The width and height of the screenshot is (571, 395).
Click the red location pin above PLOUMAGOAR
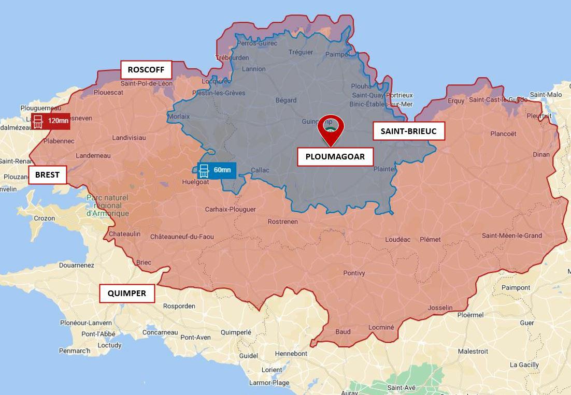(x=332, y=128)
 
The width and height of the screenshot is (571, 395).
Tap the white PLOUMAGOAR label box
(x=335, y=156)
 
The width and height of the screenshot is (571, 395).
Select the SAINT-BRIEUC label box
(x=408, y=131)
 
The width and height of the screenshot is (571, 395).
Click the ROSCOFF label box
(x=146, y=69)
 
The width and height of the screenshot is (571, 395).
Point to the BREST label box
(x=47, y=175)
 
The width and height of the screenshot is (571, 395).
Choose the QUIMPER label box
(x=126, y=294)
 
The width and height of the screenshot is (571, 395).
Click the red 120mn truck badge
(x=50, y=121)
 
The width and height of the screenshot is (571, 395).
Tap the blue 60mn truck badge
(x=217, y=170)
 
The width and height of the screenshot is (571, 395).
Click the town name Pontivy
(x=354, y=273)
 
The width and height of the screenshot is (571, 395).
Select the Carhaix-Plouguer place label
(x=230, y=209)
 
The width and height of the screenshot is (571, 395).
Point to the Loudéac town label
(x=397, y=239)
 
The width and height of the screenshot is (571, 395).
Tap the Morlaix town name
(x=179, y=116)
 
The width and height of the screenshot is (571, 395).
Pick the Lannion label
(x=253, y=69)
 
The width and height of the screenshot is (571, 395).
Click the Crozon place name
(x=44, y=218)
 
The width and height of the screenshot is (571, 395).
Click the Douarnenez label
(x=76, y=265)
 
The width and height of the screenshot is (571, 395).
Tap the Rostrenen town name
(x=282, y=222)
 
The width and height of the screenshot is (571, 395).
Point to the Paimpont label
(x=516, y=287)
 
